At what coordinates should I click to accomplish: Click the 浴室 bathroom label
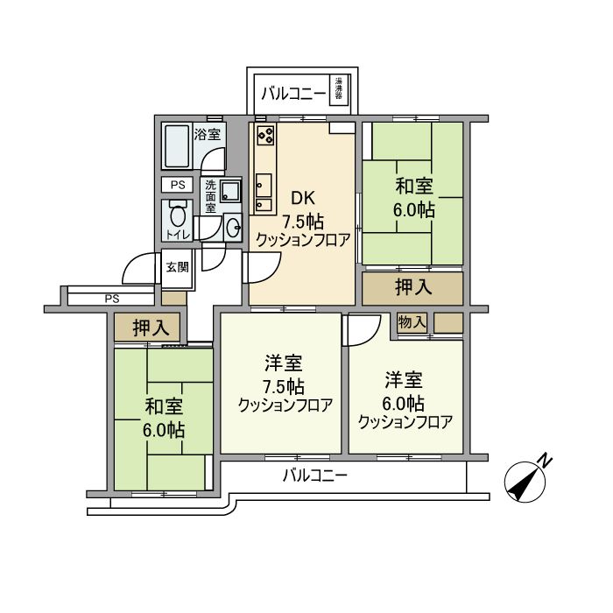[207, 136]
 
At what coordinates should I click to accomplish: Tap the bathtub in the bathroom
[177, 147]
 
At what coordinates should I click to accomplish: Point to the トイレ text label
[178, 235]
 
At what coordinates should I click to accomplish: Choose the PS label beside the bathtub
[178, 185]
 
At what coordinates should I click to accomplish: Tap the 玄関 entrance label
[177, 267]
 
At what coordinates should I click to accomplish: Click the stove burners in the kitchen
[265, 137]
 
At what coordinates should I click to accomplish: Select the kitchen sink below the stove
[263, 184]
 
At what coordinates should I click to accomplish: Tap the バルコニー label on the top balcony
[292, 91]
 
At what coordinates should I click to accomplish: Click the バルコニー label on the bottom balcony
[315, 476]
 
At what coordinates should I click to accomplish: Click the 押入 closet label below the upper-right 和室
[412, 287]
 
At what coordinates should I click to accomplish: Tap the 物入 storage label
[412, 323]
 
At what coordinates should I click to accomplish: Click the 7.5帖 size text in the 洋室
[283, 386]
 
